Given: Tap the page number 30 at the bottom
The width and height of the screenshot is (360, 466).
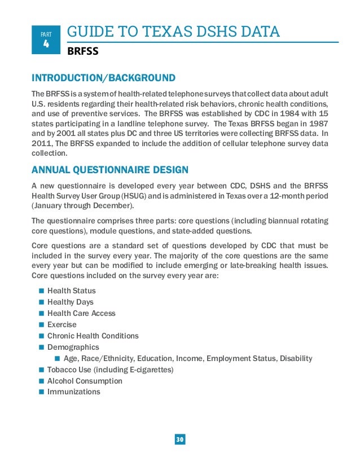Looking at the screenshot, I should pyautogui.click(x=180, y=439).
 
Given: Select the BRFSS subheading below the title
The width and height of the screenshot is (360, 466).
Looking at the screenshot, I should pyautogui.click(x=83, y=52).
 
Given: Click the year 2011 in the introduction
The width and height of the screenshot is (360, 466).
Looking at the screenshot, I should pyautogui.click(x=41, y=144).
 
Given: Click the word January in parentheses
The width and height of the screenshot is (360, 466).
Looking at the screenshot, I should pyautogui.click(x=50, y=205).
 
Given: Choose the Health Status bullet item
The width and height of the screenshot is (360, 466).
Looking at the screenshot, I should pyautogui.click(x=71, y=291).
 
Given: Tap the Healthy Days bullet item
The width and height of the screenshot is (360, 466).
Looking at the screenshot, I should pyautogui.click(x=70, y=302).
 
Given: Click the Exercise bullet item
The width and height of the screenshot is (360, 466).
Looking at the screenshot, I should pyautogui.click(x=62, y=324).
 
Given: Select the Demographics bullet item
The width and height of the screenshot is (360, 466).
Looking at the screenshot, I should pyautogui.click(x=73, y=347).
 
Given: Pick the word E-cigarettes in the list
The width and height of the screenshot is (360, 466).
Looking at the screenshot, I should pyautogui.click(x=152, y=370).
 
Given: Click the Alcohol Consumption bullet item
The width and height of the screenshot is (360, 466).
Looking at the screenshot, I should pyautogui.click(x=85, y=381).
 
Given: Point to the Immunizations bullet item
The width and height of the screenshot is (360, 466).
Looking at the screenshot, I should pyautogui.click(x=73, y=392).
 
